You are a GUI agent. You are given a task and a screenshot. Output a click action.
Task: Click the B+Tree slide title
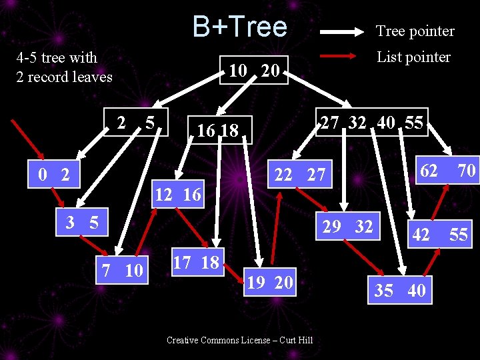(239, 27)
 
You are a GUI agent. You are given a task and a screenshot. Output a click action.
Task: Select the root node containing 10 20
(254, 70)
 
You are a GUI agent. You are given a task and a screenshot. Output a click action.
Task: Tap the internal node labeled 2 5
(136, 123)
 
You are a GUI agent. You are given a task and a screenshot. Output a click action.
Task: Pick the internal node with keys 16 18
(218, 131)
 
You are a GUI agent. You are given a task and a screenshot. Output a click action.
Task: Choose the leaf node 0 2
(54, 175)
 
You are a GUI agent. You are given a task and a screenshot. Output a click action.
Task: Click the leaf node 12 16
(177, 195)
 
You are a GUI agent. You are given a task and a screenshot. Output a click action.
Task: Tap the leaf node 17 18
(196, 263)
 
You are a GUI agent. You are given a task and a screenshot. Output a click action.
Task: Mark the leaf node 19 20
(269, 283)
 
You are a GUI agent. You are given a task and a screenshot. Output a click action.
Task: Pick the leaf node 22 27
(300, 175)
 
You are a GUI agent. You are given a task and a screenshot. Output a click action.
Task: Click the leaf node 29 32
(348, 227)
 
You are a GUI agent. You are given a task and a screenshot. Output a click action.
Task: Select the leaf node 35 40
(400, 291)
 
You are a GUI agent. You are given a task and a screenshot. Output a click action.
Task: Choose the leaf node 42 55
(439, 235)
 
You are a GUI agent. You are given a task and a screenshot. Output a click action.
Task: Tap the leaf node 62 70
(447, 171)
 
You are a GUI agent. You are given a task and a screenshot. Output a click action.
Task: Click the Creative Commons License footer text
(239, 341)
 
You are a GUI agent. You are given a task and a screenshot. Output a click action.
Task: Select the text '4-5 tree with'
(57, 58)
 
